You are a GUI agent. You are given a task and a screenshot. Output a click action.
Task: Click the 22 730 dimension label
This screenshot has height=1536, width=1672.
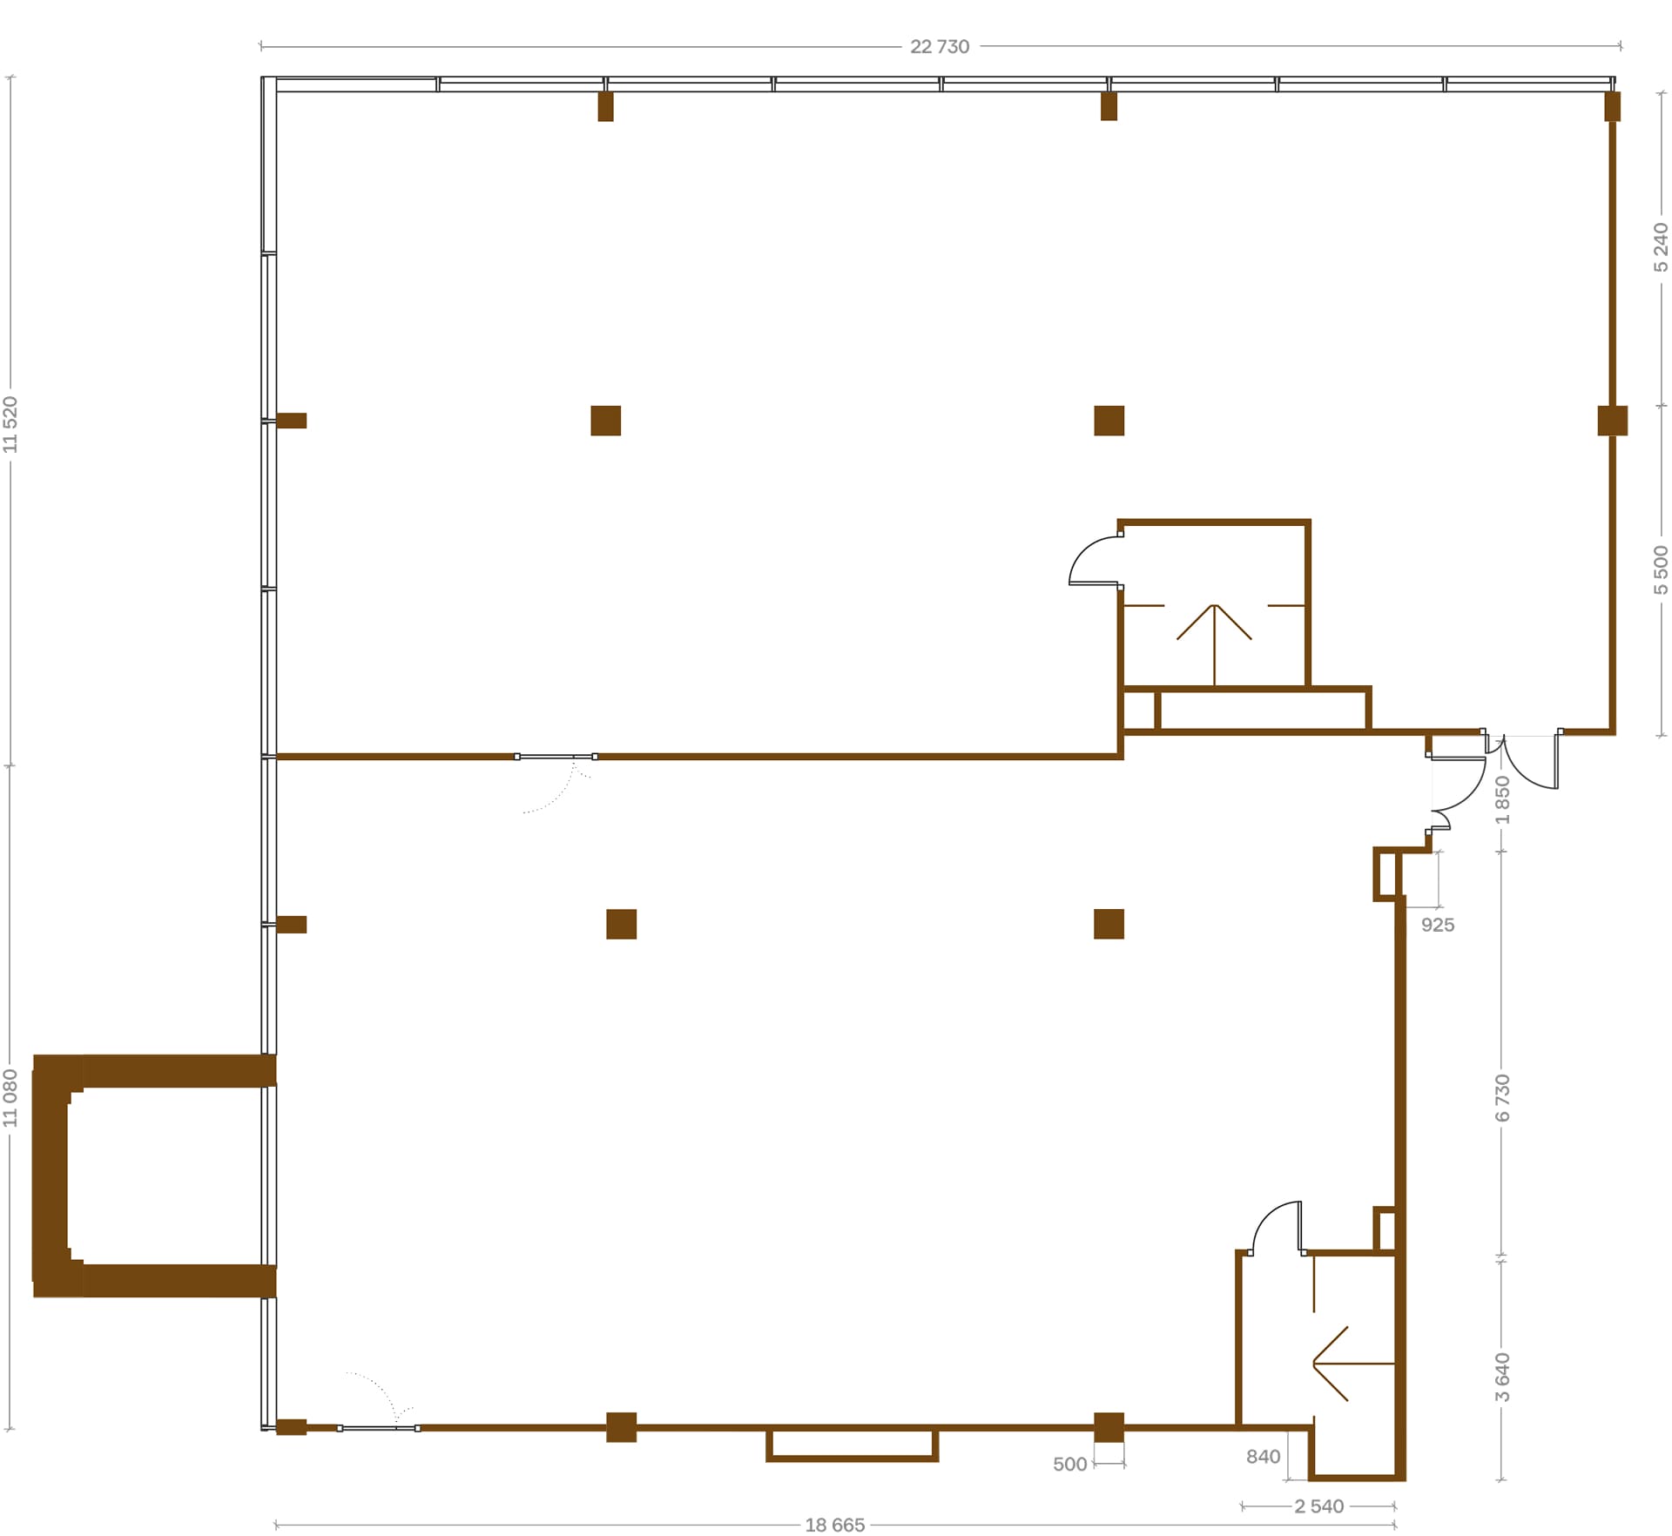940,47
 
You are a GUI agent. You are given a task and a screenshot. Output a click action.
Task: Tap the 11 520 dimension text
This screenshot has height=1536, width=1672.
10,424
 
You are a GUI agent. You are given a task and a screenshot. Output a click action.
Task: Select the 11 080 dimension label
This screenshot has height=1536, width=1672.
10,1098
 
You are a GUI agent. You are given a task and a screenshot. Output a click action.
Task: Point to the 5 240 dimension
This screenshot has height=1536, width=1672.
1662,247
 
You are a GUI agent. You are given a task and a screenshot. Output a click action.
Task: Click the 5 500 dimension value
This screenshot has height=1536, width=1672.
1662,570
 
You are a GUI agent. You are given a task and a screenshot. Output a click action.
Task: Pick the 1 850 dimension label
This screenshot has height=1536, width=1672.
1502,799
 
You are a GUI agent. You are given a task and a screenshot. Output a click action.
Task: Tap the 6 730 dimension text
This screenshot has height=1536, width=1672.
1502,1098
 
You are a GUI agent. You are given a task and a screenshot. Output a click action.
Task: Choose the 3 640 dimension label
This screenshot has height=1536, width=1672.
1502,1377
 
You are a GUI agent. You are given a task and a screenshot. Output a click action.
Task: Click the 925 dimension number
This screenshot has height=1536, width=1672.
1438,926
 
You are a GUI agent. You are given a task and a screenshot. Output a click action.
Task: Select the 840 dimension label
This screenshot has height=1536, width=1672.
1263,1458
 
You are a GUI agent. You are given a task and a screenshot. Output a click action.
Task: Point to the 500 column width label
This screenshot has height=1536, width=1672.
1070,1465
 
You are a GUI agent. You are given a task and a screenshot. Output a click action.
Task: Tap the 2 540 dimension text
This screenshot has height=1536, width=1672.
1319,1506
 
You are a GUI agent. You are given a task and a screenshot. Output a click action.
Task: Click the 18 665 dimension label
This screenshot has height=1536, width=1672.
835,1525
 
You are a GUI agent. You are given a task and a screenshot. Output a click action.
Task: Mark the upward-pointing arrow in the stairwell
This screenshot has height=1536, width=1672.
1214,645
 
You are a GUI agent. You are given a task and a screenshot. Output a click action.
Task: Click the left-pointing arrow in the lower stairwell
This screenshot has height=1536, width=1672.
1354,1364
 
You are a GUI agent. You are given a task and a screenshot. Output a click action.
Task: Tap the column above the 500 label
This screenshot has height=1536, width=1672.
1109,1427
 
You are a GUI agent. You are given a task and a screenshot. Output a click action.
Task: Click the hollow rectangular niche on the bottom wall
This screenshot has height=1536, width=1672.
853,1459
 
